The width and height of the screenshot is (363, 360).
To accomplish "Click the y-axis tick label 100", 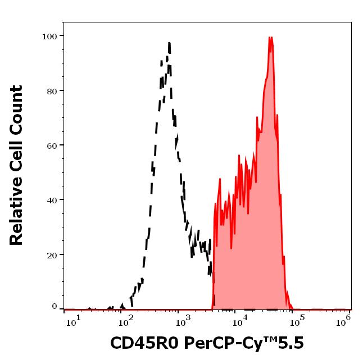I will coord(49,37).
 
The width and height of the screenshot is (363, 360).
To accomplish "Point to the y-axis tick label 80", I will coord(52,91).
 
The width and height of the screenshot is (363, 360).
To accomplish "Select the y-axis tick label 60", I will coord(52,145).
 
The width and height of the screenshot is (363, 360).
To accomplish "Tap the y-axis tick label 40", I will coord(52,200).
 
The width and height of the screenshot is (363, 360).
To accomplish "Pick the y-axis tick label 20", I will coord(52,255).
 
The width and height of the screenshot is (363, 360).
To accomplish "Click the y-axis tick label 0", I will coord(55,307).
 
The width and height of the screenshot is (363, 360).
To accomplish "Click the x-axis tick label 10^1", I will coord(74,320).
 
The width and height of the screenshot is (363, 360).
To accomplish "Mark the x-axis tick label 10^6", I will coord(343,319).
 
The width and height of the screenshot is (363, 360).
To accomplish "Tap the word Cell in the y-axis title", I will coord(17,159).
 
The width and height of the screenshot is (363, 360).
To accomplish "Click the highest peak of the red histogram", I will coord(270,38).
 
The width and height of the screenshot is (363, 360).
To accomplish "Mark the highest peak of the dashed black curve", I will coord(169,43).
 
